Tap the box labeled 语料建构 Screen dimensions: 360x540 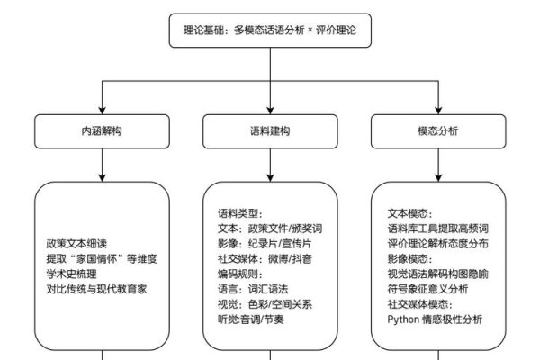270,130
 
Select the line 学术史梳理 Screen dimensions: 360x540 71,274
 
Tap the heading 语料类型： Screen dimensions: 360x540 239,213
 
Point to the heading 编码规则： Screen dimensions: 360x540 239,274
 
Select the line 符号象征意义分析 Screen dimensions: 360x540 427,290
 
